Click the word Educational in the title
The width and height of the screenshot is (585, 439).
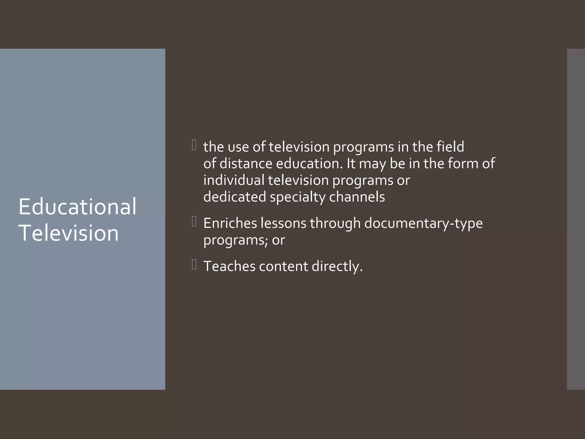[x=77, y=207]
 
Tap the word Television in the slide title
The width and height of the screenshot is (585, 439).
[x=69, y=233]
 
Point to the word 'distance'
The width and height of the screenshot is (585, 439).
[x=246, y=163]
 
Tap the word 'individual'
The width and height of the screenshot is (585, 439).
[x=234, y=180]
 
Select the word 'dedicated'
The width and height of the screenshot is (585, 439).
[x=235, y=197]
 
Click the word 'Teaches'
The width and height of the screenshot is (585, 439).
[x=229, y=266]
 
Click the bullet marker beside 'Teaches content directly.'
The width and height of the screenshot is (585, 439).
[x=194, y=265]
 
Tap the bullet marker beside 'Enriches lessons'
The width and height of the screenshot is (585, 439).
[x=194, y=222]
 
